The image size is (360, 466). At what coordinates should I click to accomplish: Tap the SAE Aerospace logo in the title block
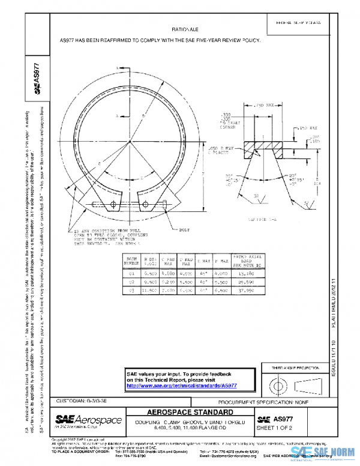89,419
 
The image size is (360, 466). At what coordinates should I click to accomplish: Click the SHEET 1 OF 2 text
275,428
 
